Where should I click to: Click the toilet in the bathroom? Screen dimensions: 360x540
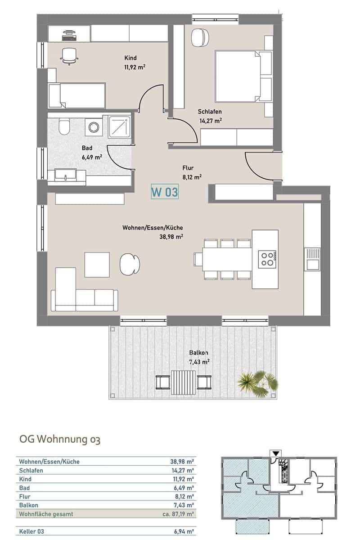point(64,126)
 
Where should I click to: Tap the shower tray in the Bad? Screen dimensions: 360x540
point(119,127)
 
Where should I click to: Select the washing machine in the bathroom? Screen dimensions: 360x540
point(94,127)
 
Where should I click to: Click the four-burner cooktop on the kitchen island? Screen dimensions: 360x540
point(267,259)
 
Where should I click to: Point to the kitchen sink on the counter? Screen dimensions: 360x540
point(312,259)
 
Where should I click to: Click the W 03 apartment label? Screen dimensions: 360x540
point(165,192)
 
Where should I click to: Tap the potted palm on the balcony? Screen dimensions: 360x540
point(257,383)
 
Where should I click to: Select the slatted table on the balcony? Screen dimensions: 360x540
point(183,382)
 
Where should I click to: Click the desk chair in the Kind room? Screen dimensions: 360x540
point(69,56)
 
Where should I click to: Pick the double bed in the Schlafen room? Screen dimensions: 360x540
point(243,76)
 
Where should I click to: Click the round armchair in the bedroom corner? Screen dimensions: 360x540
point(200,38)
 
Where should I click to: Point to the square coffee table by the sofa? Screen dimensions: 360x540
point(97,265)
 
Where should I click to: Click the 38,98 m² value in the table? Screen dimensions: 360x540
point(182,462)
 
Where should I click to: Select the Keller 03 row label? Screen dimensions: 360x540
point(31,531)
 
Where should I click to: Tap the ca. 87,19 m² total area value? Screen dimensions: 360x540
point(178,514)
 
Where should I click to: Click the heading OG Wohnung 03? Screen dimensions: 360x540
point(60,439)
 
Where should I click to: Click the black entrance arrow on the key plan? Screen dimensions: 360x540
point(276,454)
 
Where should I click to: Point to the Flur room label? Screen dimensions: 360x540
point(188,168)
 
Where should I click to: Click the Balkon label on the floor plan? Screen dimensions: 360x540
point(198,352)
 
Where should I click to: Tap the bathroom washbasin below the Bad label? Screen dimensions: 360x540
point(65,175)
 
